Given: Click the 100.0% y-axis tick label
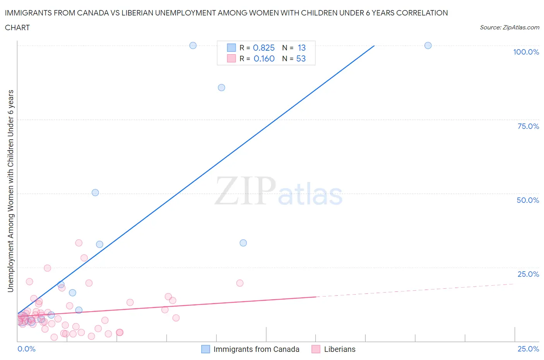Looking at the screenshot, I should point(526,52).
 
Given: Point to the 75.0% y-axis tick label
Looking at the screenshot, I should point(528,126).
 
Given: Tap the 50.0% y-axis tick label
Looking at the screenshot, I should point(528,200).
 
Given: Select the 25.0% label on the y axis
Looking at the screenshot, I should point(528,274).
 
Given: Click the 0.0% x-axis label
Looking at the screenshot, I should point(26,349).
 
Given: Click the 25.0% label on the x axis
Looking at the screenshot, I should point(528,349).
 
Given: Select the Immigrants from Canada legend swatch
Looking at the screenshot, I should point(205,349).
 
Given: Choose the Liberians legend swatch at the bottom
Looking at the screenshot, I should point(316,349).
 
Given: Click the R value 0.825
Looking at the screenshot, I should point(263,48).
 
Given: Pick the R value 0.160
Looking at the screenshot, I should point(264,58).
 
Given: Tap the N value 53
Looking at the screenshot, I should point(301,58).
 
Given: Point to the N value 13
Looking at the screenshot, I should point(301,48).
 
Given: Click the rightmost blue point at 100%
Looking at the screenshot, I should point(428,45).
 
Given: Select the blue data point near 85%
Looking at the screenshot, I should point(221,87).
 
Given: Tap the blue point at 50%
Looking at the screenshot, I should point(95,192).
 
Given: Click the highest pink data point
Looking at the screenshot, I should point(79,243).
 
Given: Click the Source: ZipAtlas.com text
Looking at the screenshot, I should point(509,27).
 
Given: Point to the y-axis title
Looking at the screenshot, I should point(10,191).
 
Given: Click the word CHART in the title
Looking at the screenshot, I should point(17,27).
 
